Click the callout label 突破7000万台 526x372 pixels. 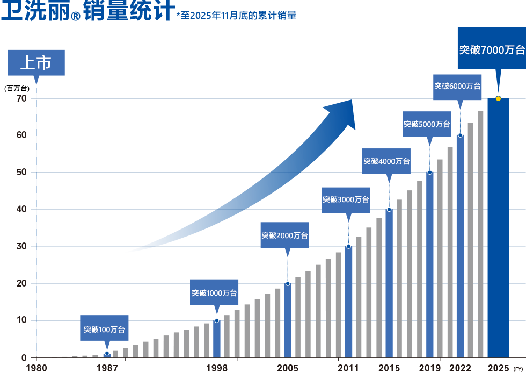(x=491, y=50)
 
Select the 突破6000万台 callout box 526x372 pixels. (x=457, y=86)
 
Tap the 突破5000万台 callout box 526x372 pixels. (x=427, y=124)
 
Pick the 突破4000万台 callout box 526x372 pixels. (x=386, y=161)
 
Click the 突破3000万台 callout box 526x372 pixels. (x=346, y=199)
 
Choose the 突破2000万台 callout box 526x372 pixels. (x=285, y=235)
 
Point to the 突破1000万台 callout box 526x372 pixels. (x=215, y=293)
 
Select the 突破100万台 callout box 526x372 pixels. (x=104, y=329)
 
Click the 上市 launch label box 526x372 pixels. (x=35, y=63)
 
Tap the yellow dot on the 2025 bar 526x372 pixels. (x=498, y=99)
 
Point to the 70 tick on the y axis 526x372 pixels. (x=21, y=99)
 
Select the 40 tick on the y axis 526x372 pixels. (x=21, y=210)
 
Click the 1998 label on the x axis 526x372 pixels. (x=216, y=368)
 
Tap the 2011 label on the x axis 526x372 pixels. (x=348, y=368)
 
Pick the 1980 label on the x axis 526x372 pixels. (x=36, y=368)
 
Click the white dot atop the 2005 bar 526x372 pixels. (x=288, y=283)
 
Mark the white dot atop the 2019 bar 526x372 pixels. (x=429, y=173)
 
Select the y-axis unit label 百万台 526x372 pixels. (x=17, y=89)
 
